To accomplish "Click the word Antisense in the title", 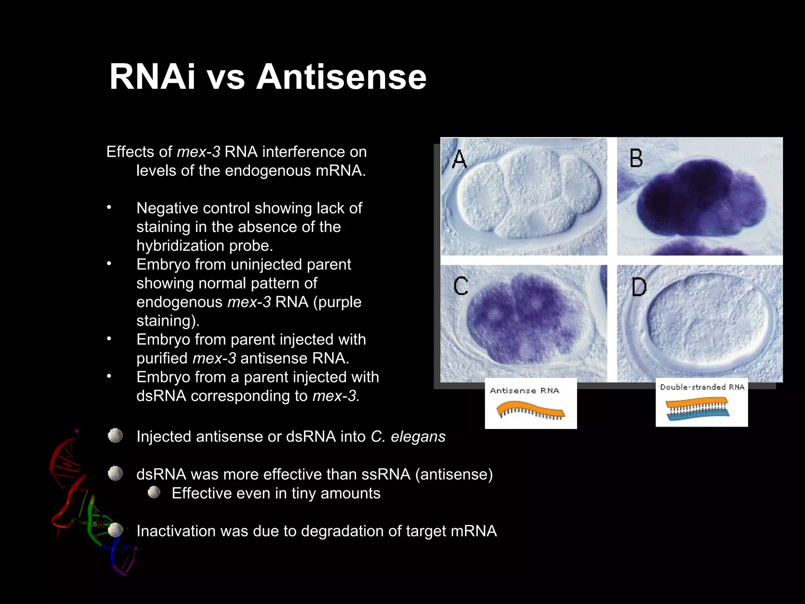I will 341,77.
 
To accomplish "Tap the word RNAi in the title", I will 152,77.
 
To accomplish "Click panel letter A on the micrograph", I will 459,159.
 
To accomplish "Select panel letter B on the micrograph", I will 636,158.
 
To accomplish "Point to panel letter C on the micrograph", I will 461,286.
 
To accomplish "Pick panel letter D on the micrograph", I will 639,287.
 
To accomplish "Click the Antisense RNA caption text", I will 524,390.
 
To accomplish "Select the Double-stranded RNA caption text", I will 702,387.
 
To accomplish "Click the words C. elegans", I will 408,436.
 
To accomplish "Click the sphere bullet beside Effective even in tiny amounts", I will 154,492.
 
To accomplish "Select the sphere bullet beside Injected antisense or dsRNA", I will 115,436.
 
